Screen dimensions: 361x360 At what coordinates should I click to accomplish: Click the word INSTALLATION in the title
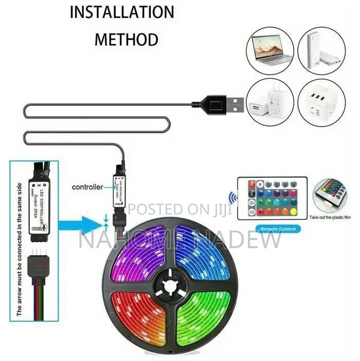(x=122, y=12)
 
